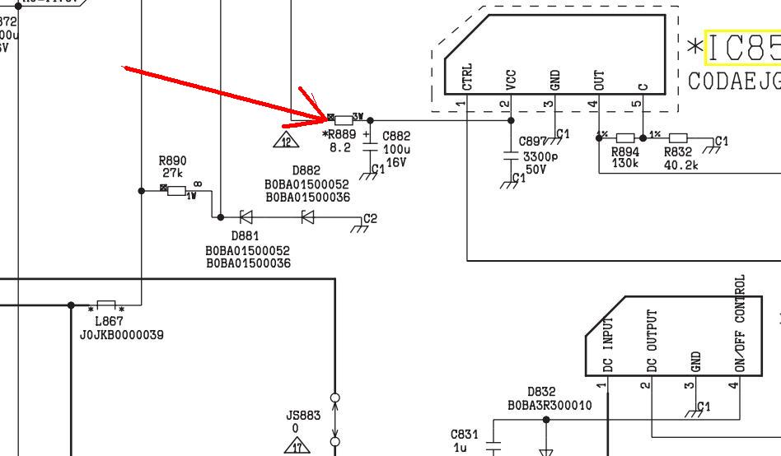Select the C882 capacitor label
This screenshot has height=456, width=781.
pos(397,135)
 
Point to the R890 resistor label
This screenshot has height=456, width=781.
pos(173,161)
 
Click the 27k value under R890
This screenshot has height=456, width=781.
pos(173,173)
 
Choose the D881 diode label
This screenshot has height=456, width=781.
pos(246,236)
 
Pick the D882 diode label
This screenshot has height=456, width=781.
pos(306,171)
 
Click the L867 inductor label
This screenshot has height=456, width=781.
pos(109,322)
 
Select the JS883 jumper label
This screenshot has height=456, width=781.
pos(303,416)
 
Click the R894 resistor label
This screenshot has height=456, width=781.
pos(625,152)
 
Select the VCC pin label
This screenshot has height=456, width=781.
pos(512,80)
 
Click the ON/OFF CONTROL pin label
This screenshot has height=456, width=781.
pos(740,323)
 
